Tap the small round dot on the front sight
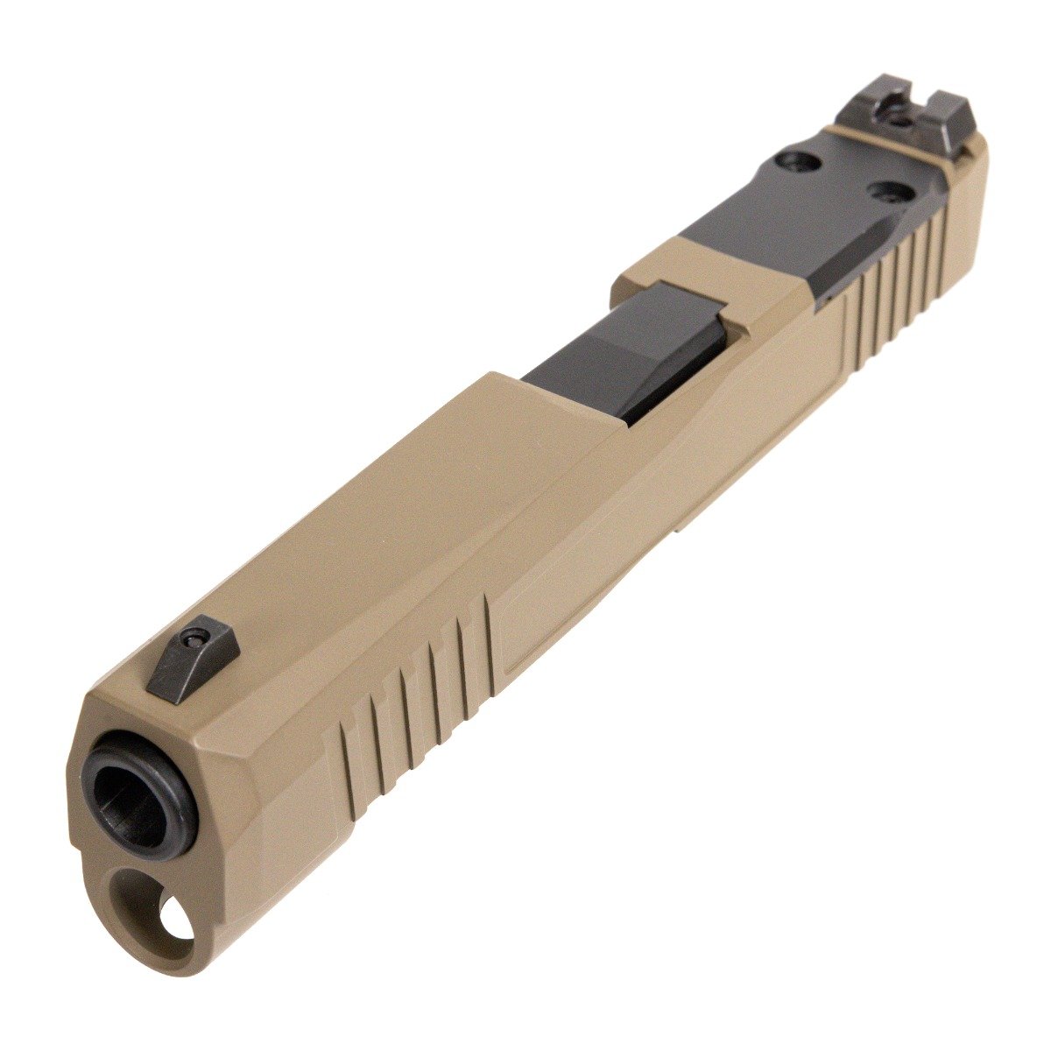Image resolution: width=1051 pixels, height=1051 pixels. point(194,643)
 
